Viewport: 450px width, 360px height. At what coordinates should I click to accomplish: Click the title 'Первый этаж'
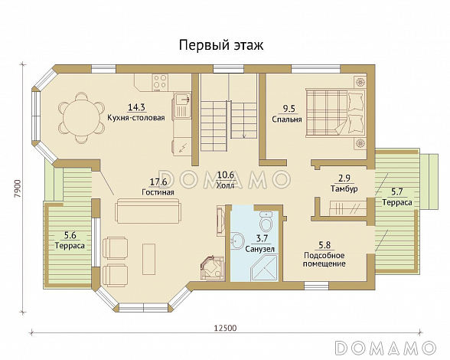point(221,45)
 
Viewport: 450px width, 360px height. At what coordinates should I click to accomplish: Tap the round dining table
point(81,117)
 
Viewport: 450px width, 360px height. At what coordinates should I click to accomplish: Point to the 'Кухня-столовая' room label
point(136,117)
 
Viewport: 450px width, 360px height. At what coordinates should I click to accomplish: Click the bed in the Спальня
point(335,112)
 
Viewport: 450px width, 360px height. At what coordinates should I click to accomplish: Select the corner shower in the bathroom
point(264,269)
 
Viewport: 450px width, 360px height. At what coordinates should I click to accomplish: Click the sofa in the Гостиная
point(148,211)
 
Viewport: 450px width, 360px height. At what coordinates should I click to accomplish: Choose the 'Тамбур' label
point(344,188)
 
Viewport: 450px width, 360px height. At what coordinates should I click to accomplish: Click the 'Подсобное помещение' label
point(324,260)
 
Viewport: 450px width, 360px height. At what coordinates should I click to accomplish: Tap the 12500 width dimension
point(225,328)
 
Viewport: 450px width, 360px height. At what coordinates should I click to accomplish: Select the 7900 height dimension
point(18,188)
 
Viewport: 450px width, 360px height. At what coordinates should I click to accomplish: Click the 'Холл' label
point(225,185)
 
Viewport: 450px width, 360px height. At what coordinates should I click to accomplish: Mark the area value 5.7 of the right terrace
point(397,191)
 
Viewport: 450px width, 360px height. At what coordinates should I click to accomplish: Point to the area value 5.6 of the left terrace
point(70,236)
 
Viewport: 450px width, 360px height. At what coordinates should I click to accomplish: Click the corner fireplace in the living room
point(212,268)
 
